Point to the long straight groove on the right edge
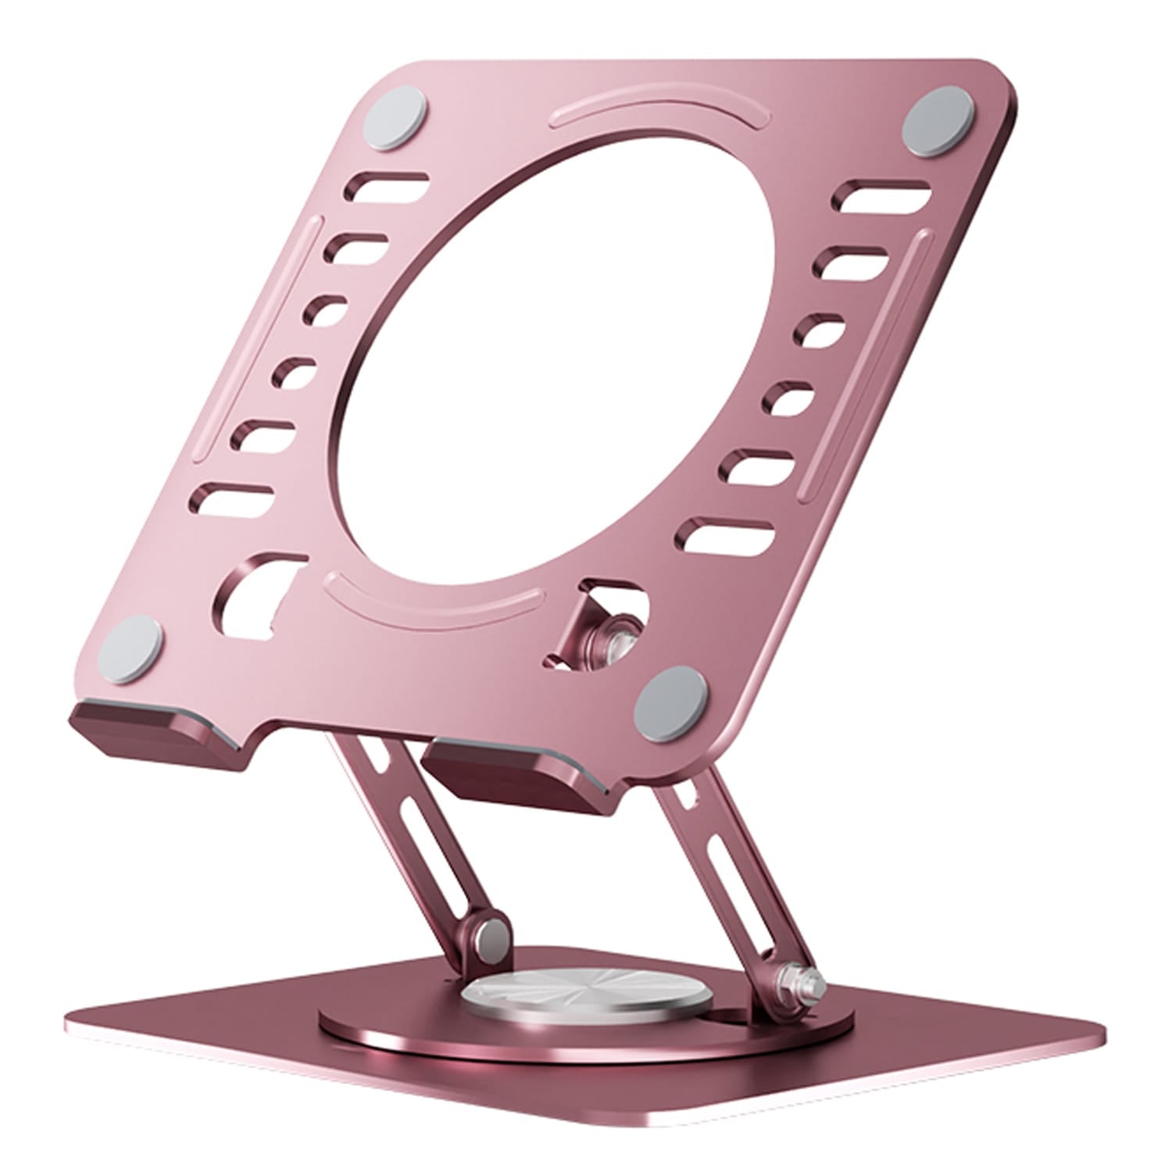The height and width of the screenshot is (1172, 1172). [863, 359]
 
